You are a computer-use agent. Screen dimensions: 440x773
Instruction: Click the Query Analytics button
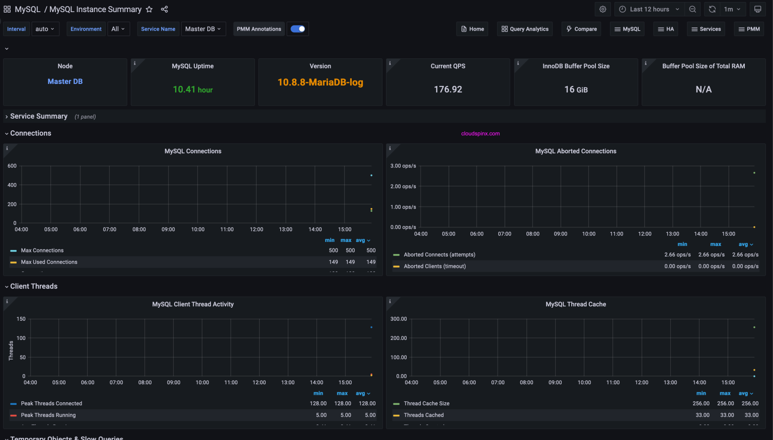tap(524, 29)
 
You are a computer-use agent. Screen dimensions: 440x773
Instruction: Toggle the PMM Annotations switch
tap(298, 29)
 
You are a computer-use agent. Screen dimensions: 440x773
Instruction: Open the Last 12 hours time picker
tap(649, 10)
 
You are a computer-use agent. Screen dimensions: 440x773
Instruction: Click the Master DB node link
tap(65, 81)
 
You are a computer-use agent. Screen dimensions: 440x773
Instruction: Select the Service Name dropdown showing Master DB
tap(203, 29)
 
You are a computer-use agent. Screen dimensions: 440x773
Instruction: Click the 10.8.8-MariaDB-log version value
tap(320, 82)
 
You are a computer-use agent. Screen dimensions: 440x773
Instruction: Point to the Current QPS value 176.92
tap(448, 90)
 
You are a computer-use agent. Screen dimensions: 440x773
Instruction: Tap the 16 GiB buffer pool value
tap(576, 90)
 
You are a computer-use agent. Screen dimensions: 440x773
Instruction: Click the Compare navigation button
tap(581, 29)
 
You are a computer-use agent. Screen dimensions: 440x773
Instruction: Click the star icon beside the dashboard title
tap(149, 10)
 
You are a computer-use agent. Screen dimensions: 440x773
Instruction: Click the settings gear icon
tap(602, 10)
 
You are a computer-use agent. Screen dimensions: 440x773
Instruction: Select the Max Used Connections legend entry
tap(49, 262)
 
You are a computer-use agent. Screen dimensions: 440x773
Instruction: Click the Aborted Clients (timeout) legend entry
tap(434, 267)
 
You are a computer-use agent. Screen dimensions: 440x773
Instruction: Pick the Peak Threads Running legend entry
tap(48, 415)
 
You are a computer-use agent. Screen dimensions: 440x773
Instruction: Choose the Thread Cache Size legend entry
tap(426, 404)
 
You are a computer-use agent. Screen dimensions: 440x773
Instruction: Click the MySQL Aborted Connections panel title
tap(575, 151)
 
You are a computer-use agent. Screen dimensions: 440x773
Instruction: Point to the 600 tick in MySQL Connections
tap(12, 166)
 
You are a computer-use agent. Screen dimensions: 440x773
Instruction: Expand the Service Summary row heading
tap(39, 117)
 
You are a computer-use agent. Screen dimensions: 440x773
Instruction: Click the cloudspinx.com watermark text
tap(480, 134)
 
